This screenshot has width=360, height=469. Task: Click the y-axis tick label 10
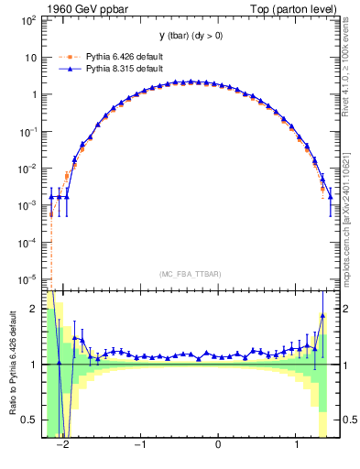coord(31,57)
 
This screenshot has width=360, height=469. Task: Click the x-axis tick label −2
coord(63,445)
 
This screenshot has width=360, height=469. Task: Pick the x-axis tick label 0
coord(218,445)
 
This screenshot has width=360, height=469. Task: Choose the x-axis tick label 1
coord(296,445)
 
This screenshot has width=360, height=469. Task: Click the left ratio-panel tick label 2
coord(36,309)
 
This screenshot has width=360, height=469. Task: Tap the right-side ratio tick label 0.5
coord(345,420)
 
